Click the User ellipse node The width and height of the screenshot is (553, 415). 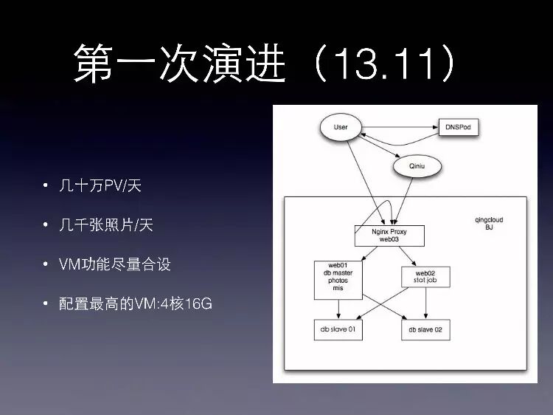click(x=341, y=127)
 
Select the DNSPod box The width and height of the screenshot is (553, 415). click(x=458, y=127)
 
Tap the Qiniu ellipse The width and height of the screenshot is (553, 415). click(x=418, y=167)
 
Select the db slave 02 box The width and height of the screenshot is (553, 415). click(x=425, y=329)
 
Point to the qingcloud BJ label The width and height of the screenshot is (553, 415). click(x=489, y=224)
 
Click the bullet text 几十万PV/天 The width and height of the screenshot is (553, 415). click(x=100, y=185)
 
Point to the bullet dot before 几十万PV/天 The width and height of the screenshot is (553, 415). click(x=46, y=186)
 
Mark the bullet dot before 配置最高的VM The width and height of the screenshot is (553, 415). click(x=46, y=304)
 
